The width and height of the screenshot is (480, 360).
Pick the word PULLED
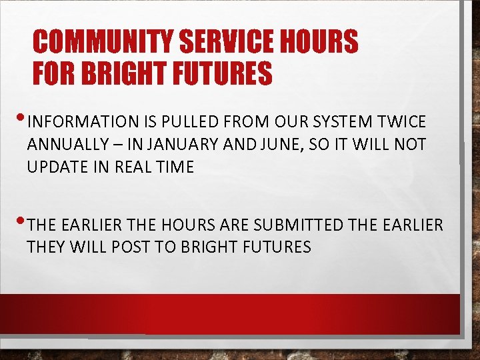pos(193,122)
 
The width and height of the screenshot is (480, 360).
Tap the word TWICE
pos(402,122)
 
